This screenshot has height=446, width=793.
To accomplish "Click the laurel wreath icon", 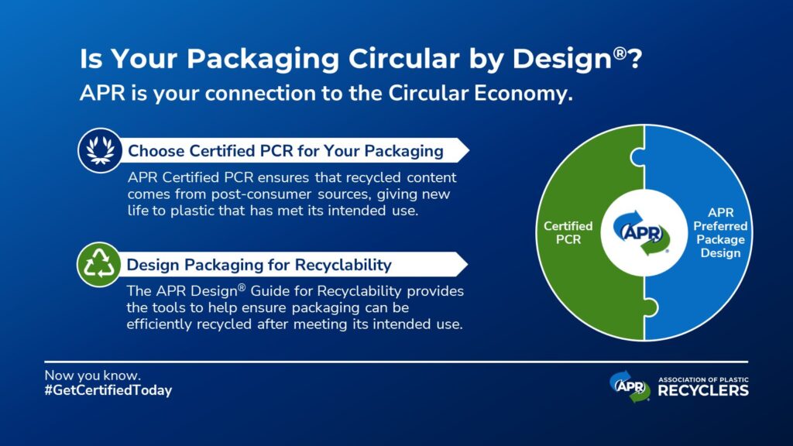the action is (x=100, y=150).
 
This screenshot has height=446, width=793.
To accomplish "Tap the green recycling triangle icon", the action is (x=98, y=264).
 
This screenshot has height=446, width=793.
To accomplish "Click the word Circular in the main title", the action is (x=403, y=58).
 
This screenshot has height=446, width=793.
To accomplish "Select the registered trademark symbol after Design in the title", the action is (x=620, y=53).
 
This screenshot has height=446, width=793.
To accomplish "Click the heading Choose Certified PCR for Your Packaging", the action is (x=286, y=151).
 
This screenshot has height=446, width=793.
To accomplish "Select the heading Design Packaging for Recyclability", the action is (x=259, y=265).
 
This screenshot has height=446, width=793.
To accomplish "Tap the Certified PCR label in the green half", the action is (x=568, y=232).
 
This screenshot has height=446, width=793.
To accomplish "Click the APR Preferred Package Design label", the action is (x=720, y=232).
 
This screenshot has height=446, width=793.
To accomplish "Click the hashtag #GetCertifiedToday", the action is (x=108, y=390).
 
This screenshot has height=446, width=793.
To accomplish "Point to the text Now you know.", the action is (x=93, y=376).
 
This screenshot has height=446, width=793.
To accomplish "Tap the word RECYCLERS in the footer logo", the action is (x=703, y=390).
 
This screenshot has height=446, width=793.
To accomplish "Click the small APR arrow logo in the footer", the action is (x=630, y=386).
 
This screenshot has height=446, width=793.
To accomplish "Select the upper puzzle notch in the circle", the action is (x=637, y=156).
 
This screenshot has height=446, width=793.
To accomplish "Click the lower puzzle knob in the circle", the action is (x=651, y=307).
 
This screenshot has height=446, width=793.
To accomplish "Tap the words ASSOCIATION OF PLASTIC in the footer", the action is (x=703, y=379).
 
